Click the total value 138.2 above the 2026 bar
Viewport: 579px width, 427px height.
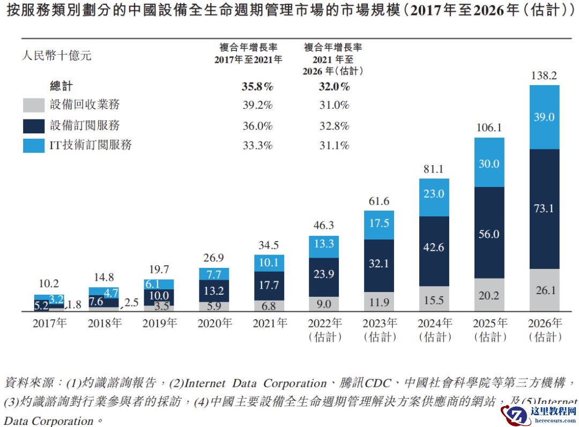click(544, 76)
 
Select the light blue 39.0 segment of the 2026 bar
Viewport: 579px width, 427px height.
click(544, 117)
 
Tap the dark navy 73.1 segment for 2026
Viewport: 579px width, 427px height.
click(544, 208)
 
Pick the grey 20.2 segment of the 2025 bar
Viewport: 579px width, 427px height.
click(489, 295)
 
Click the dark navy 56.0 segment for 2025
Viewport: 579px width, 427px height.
click(489, 234)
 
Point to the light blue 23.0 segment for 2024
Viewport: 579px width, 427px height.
click(434, 194)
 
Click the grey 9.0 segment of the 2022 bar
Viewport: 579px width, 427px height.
click(323, 304)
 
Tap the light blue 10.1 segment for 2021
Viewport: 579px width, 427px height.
click(269, 263)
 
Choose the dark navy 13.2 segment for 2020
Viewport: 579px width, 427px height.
click(213, 291)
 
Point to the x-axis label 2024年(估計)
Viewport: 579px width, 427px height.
click(434, 329)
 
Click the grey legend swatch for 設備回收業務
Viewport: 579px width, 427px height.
click(33, 105)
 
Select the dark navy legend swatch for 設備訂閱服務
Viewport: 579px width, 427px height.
click(33, 125)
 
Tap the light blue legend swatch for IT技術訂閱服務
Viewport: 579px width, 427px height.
click(33, 145)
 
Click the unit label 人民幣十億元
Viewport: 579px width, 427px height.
click(56, 55)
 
